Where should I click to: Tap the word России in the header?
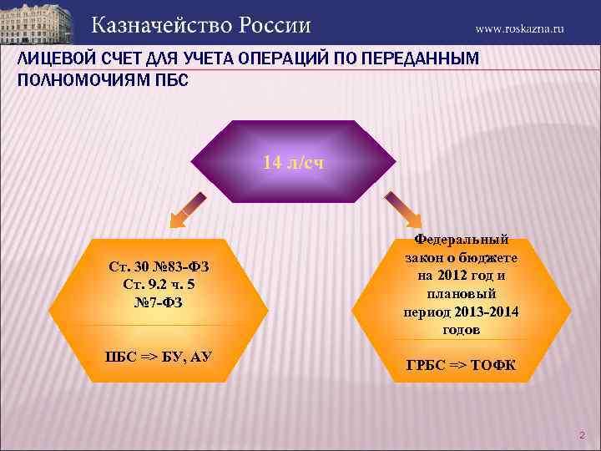pos(275,25)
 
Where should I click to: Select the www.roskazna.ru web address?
pos(520,28)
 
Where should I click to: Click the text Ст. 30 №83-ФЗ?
pos(159,267)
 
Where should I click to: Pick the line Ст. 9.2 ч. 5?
pos(159,284)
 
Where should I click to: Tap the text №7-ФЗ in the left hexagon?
pos(159,301)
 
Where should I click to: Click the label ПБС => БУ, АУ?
pos(158,357)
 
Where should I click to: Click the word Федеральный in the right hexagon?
pos(461,240)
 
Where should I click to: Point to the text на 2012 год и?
pos(461,276)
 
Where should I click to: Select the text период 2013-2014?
pos(461,312)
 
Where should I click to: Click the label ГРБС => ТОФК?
pos(461,365)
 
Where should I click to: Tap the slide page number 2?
pos(582,435)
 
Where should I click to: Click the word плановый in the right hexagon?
pos(461,294)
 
